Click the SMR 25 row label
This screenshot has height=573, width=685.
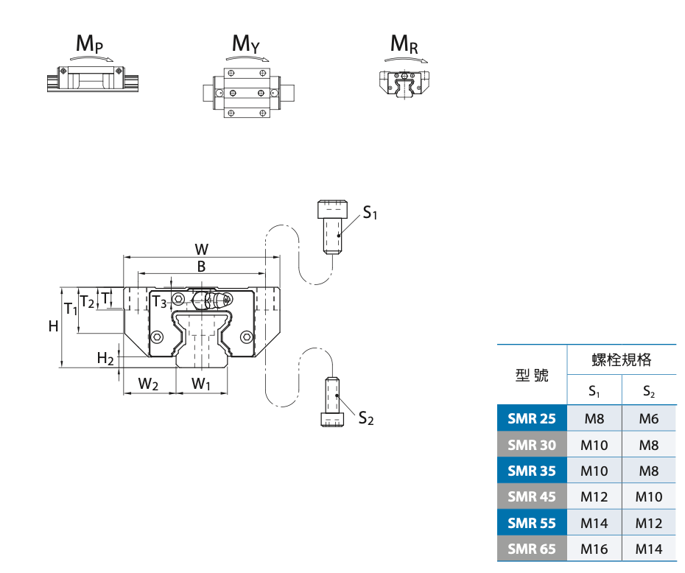(x=532, y=419)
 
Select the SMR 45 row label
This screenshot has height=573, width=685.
(x=532, y=496)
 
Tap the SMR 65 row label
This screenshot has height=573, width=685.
(x=532, y=549)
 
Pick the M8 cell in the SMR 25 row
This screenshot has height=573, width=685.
(x=594, y=419)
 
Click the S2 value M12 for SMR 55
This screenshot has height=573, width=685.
(x=649, y=523)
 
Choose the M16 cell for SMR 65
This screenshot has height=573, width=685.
(x=594, y=549)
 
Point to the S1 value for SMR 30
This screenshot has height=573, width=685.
(x=594, y=445)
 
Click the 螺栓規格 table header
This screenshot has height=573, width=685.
(x=622, y=360)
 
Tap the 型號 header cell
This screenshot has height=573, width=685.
(x=532, y=375)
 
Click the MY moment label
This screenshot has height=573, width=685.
(x=246, y=44)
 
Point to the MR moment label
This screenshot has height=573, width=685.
(x=404, y=44)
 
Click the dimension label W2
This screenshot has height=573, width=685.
(x=150, y=384)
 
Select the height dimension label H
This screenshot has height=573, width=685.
(x=53, y=326)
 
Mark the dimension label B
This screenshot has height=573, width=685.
(x=201, y=267)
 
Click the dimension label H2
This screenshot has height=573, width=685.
(x=105, y=359)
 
